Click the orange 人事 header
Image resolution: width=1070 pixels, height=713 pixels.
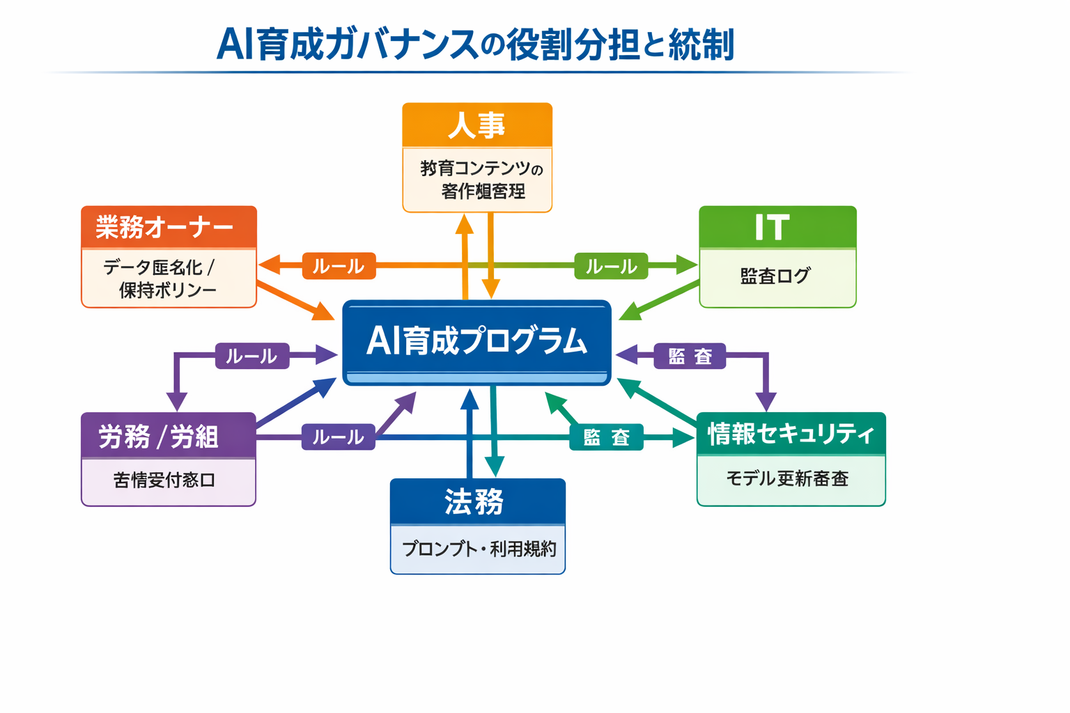(x=477, y=125)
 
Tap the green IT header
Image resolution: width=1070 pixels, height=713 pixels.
(x=777, y=227)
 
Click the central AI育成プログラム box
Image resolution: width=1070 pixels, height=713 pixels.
(x=476, y=341)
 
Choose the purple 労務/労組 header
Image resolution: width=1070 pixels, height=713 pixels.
(x=169, y=437)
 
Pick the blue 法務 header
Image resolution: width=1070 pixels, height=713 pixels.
(x=477, y=501)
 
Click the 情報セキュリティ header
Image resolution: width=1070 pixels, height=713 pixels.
(x=791, y=434)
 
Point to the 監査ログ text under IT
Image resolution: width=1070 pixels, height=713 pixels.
(x=775, y=276)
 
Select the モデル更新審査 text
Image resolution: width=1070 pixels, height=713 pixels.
(x=787, y=479)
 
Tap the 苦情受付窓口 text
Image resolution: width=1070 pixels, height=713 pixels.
(x=164, y=480)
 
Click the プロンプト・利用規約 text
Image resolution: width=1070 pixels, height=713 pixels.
(x=479, y=549)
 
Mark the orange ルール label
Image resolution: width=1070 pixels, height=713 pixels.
(x=339, y=266)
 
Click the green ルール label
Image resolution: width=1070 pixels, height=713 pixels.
(x=611, y=266)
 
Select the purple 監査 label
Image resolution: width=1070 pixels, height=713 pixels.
(x=690, y=356)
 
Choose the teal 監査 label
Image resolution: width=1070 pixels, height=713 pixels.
(x=606, y=437)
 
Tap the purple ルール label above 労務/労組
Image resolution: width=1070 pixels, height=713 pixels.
(x=251, y=356)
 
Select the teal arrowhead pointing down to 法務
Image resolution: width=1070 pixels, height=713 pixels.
(x=495, y=466)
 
